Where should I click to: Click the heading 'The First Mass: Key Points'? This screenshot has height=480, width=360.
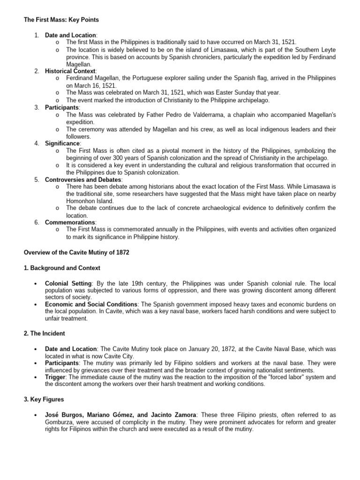pyautogui.click(x=61, y=20)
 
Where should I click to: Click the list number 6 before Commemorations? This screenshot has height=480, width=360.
pyautogui.click(x=37, y=222)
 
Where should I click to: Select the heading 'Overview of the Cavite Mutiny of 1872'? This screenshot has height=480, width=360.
pyautogui.click(x=76, y=252)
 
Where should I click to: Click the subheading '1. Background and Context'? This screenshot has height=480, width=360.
pyautogui.click(x=62, y=268)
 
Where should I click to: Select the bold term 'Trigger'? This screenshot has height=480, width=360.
pyautogui.click(x=55, y=377)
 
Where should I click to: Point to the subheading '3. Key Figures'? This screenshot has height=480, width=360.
pyautogui.click(x=44, y=399)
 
